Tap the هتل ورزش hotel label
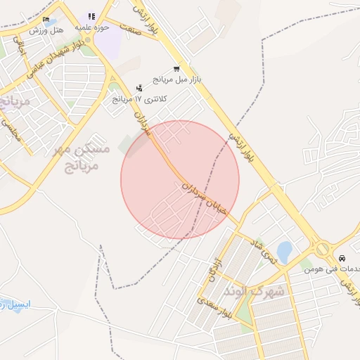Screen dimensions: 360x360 (x=46, y=30)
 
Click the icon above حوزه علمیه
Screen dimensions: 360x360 (x=91, y=16)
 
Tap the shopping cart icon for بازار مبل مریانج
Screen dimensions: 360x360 (x=176, y=69)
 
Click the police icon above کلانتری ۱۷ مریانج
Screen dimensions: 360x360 (x=139, y=88)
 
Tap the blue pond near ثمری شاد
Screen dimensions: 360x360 (x=283, y=251)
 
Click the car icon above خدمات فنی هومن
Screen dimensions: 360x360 (x=342, y=257)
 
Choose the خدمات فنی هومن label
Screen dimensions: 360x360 (x=330, y=269)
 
